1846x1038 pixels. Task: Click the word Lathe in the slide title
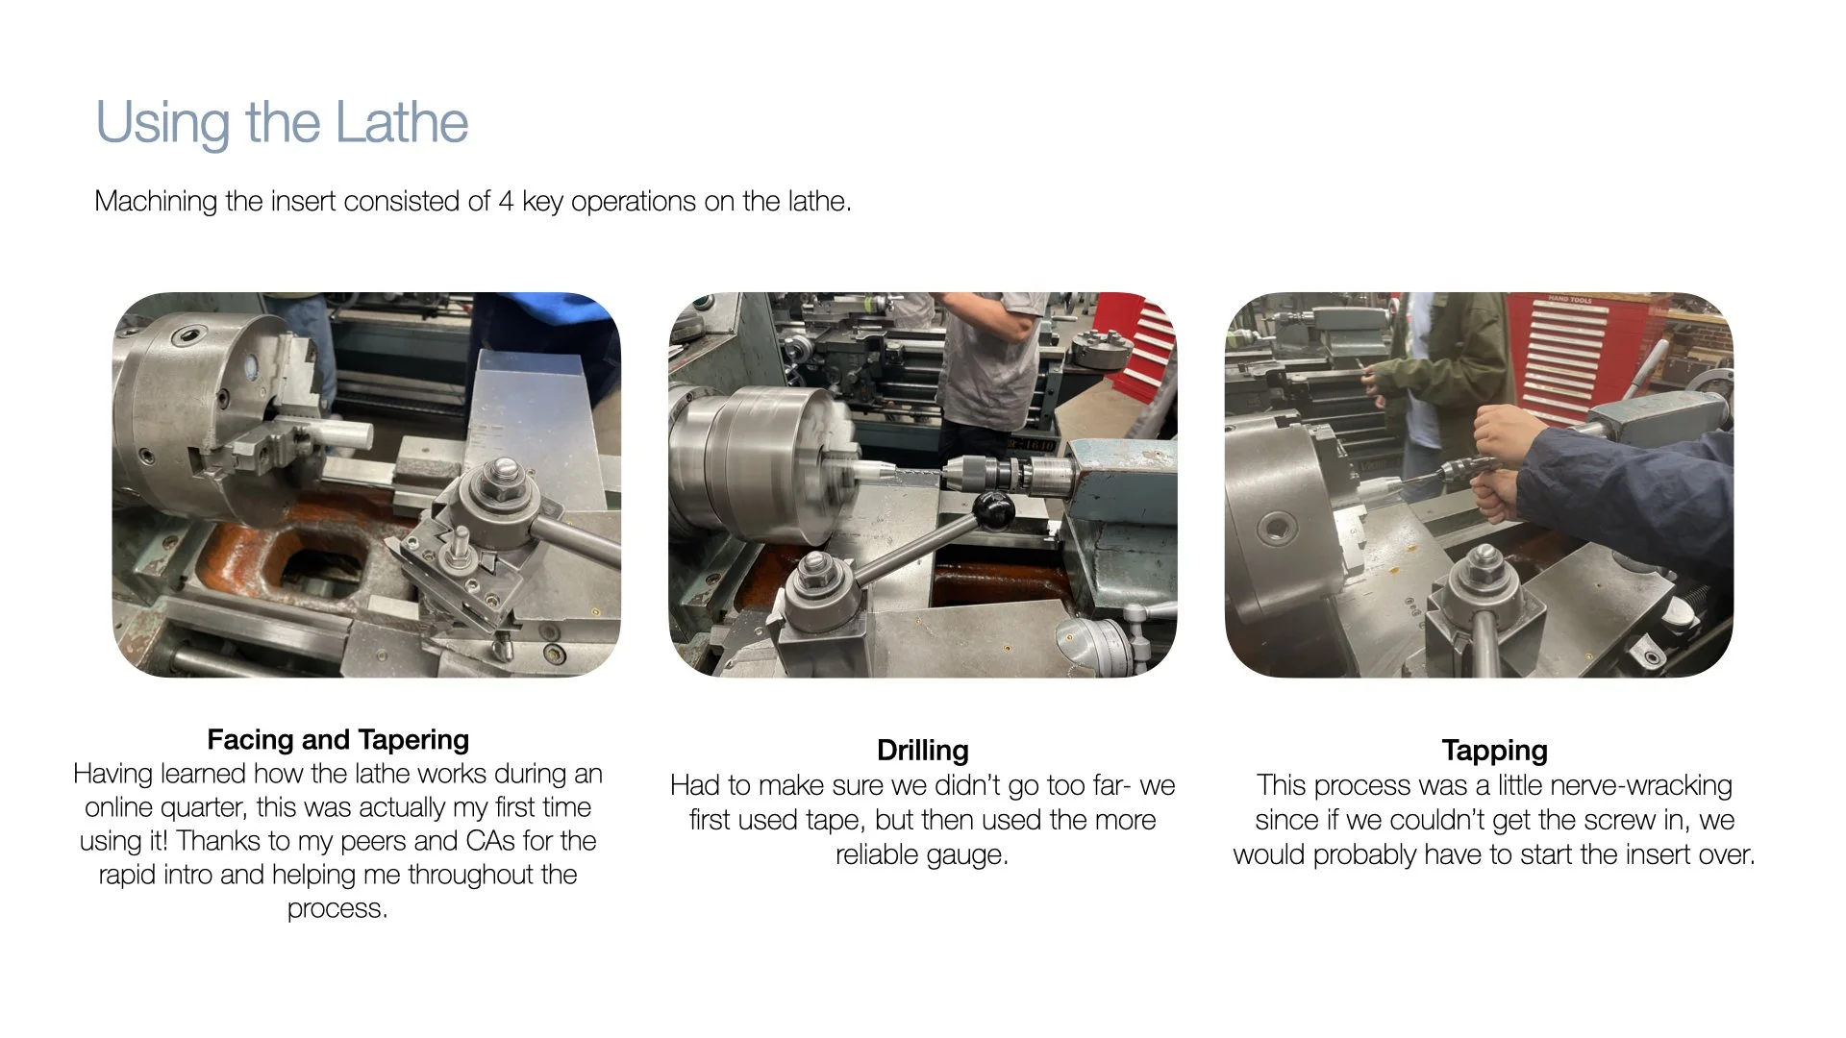(401, 123)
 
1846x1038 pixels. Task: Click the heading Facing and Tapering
(338, 740)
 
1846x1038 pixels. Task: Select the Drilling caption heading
(923, 751)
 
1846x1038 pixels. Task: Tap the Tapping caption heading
(1494, 751)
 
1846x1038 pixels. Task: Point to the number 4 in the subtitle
(506, 202)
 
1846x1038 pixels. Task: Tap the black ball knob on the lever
(993, 509)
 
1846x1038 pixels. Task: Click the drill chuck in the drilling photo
(1000, 474)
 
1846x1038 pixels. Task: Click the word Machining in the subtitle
(157, 202)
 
